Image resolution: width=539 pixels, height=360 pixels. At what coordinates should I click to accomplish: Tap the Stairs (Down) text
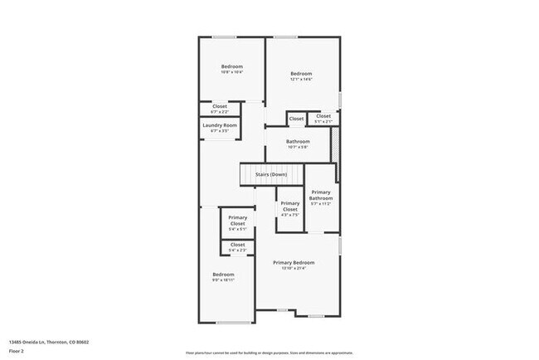click(x=271, y=175)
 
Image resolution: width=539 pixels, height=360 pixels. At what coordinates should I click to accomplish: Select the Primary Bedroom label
click(x=294, y=262)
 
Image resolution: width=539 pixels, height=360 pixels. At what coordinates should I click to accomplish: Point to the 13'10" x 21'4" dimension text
click(x=294, y=269)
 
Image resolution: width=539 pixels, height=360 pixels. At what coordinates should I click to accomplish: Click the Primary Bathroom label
click(x=321, y=195)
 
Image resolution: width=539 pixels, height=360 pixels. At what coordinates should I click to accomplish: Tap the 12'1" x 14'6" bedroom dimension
click(x=300, y=80)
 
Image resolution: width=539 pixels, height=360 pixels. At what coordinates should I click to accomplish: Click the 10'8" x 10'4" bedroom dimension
click(x=231, y=72)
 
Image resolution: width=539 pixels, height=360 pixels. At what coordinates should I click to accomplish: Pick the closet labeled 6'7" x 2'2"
click(x=220, y=108)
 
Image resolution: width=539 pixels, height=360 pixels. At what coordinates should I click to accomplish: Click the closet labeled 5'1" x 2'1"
click(x=323, y=118)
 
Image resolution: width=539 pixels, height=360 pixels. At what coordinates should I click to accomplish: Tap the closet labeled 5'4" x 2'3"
click(x=238, y=246)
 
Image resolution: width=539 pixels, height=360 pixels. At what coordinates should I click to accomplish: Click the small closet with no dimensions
click(x=296, y=119)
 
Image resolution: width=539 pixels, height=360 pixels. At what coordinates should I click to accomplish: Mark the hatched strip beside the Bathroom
click(x=335, y=146)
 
